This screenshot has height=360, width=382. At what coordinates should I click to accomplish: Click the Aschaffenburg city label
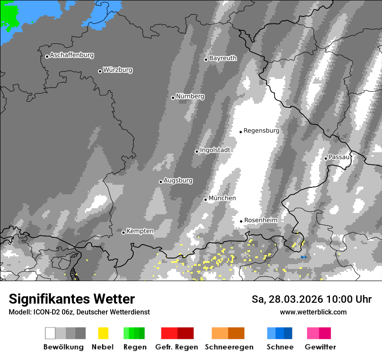[x=72, y=56]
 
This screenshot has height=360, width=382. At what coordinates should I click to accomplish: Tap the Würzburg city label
[x=118, y=70]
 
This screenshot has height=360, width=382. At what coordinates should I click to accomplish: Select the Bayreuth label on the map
[x=223, y=58]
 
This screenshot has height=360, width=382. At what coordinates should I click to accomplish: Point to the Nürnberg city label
[x=190, y=96]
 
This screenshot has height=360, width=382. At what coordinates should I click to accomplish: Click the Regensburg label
[x=261, y=131]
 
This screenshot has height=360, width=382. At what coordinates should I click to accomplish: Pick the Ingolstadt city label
[x=215, y=150]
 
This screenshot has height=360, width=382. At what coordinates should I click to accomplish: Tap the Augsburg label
[x=178, y=180]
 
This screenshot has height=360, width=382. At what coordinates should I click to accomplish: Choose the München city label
[x=222, y=198]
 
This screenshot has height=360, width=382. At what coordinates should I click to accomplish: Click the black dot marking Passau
[x=326, y=158]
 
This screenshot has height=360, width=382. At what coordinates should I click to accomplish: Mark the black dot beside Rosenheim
[x=241, y=221]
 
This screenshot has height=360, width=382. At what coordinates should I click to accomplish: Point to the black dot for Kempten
[x=123, y=232]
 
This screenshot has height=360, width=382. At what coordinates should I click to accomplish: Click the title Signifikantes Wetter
[x=72, y=299]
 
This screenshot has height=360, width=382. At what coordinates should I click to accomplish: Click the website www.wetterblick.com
[x=313, y=312]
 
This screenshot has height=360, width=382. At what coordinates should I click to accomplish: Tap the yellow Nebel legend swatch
[x=103, y=333]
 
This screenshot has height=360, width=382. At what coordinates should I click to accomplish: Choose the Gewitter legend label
[x=320, y=347]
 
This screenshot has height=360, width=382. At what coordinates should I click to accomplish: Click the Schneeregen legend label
[x=228, y=347]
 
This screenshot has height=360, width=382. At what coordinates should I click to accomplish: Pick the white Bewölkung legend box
[x=50, y=333]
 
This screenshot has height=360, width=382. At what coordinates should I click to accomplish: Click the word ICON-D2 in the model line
[x=43, y=312]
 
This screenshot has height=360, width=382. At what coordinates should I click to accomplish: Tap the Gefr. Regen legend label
[x=177, y=347]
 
